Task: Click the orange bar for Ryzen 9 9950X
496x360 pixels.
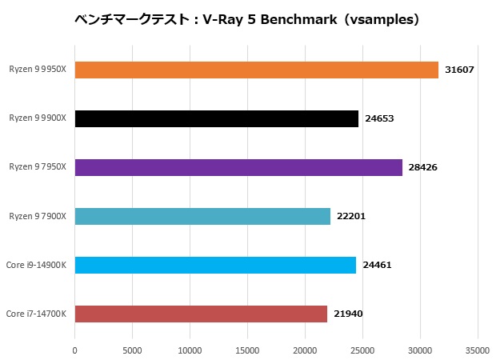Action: (x=256, y=70)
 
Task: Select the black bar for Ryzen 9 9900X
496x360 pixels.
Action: (x=216, y=118)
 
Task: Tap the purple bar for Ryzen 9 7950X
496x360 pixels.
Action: (x=238, y=167)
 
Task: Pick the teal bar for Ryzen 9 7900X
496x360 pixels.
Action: (x=202, y=216)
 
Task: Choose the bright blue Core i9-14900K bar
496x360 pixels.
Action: (x=215, y=265)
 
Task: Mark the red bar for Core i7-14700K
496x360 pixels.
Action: (x=201, y=314)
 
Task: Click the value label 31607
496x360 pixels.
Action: (x=459, y=70)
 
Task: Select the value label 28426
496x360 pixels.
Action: (x=422, y=167)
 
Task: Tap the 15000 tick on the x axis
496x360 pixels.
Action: (x=247, y=350)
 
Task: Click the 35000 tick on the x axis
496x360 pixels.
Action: (x=478, y=350)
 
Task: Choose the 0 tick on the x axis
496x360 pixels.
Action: (x=74, y=350)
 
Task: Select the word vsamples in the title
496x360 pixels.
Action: (x=387, y=18)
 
